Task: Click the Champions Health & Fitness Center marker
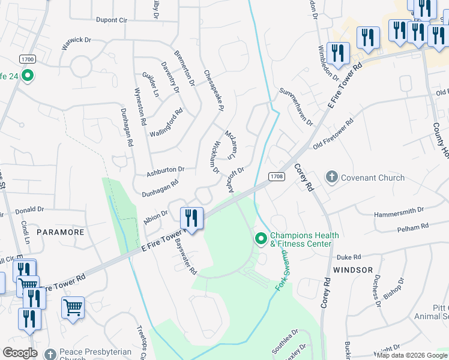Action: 261,239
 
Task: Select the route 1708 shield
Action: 276,176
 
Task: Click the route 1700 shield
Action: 27,59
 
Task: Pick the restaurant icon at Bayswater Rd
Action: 191,217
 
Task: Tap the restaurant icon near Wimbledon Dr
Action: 339,53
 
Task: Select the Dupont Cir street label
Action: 112,20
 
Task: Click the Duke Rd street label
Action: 348,256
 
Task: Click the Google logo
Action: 20,353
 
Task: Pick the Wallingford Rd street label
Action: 166,122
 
